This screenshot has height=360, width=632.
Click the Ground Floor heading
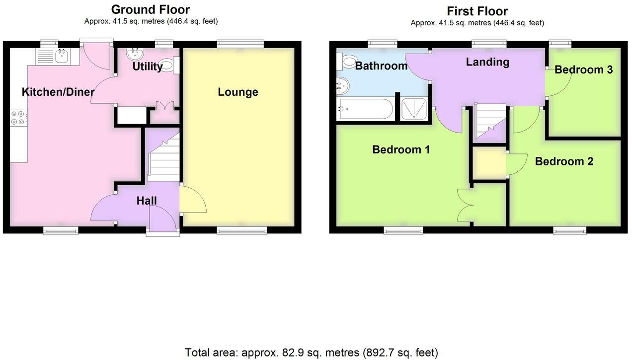(150, 9)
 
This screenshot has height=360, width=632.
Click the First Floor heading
(477, 11)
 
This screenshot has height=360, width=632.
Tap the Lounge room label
(238, 92)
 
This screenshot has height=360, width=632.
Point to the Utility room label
(148, 67)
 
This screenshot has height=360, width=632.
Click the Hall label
(147, 201)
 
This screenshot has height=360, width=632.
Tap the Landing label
(487, 62)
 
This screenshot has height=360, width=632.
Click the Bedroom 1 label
(401, 149)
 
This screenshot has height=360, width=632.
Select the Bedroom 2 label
(564, 161)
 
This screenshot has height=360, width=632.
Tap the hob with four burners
(18, 117)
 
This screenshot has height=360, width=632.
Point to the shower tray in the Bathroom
(413, 109)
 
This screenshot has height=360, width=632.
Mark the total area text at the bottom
(312, 353)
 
